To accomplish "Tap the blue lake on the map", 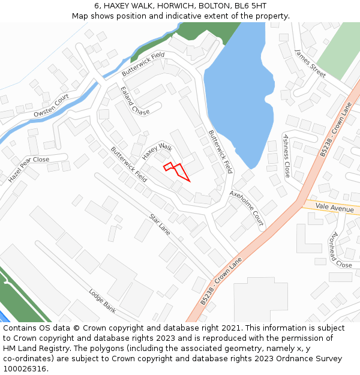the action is tap(236, 96).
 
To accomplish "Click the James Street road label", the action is tap(310, 64).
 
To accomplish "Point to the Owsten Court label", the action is tap(51, 105).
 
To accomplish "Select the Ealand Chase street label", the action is tap(134, 101).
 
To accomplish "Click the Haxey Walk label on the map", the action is tap(157, 151).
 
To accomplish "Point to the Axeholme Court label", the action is tap(247, 208).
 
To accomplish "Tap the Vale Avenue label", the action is tap(335, 209).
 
